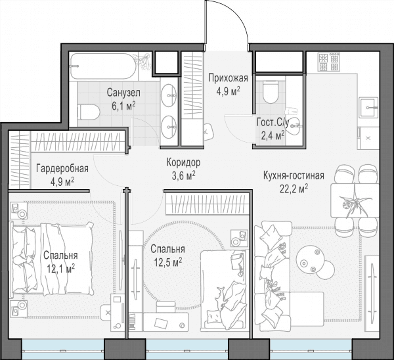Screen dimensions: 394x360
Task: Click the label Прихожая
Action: (228, 78)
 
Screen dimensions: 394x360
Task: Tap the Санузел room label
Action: (123, 93)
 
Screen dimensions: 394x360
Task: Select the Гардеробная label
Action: (62, 168)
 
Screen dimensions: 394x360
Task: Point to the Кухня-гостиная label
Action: (294, 175)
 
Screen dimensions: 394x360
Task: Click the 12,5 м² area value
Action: (168, 263)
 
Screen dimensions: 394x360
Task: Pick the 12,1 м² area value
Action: (60, 269)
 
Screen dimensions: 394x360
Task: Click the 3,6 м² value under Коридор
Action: (183, 175)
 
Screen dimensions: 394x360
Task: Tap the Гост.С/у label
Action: (273, 122)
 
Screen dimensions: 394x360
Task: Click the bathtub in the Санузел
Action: (103, 66)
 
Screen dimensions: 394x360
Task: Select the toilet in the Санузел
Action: (89, 112)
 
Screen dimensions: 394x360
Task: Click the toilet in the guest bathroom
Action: (270, 92)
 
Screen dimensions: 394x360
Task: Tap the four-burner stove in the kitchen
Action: (328, 62)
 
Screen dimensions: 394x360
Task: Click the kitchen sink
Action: (368, 107)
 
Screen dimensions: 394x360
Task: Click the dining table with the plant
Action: (355, 200)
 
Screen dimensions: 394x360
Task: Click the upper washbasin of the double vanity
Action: (169, 95)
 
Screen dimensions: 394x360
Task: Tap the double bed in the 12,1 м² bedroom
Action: (51, 259)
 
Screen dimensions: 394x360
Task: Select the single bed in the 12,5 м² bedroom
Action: (223, 290)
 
